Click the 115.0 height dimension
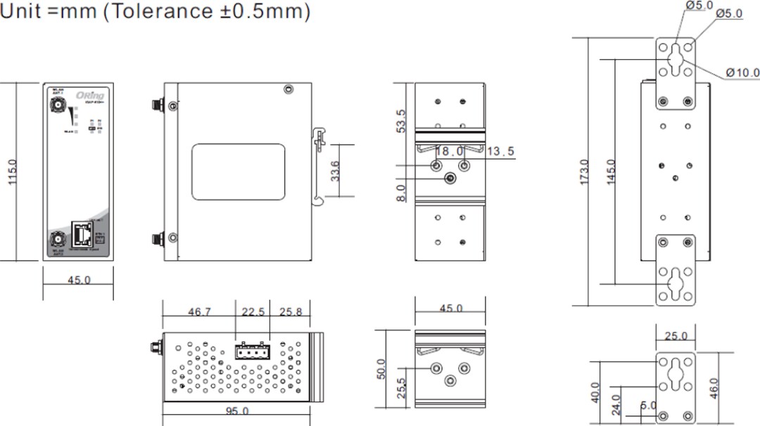pos(13,172)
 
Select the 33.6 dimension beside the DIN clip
pos(336,171)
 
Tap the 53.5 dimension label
pos(401,121)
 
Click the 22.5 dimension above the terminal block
pos(253,312)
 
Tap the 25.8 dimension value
pos(290,312)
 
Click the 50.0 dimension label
pos(381,368)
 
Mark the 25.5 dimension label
pos(401,387)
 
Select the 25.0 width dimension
pos(676,336)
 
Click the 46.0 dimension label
pos(715,387)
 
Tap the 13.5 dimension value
pos(500,151)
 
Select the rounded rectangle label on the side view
pos(239,172)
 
